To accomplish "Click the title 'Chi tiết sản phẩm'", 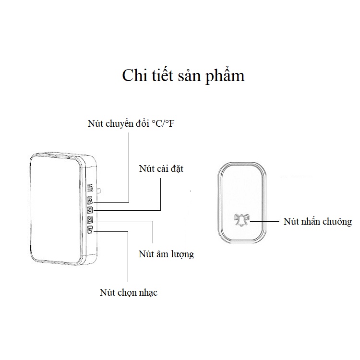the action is coord(183,75).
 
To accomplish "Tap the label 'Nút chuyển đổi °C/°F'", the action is coord(131,123).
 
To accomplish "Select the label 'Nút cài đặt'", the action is coord(161,169).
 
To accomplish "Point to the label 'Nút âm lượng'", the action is coord(166,254).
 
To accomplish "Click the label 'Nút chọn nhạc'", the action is coord(129,292).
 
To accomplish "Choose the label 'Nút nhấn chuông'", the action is coord(318,222).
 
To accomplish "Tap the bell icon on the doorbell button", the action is coord(241,220).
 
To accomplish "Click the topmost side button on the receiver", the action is coord(90,201).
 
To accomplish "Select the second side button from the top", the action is coord(90,210).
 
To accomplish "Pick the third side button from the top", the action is coord(90,220).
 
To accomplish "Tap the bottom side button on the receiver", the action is coord(90,229).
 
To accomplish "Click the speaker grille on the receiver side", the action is coord(90,188).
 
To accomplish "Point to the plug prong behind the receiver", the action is coord(99,191).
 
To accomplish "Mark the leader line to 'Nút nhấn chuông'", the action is coord(264,221).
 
